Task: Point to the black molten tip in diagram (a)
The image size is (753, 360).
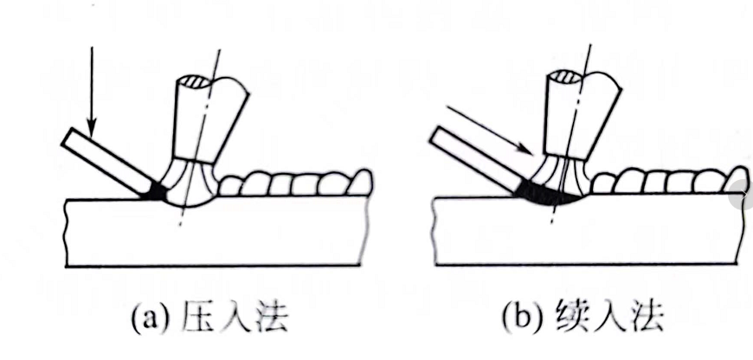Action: coord(156,192)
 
